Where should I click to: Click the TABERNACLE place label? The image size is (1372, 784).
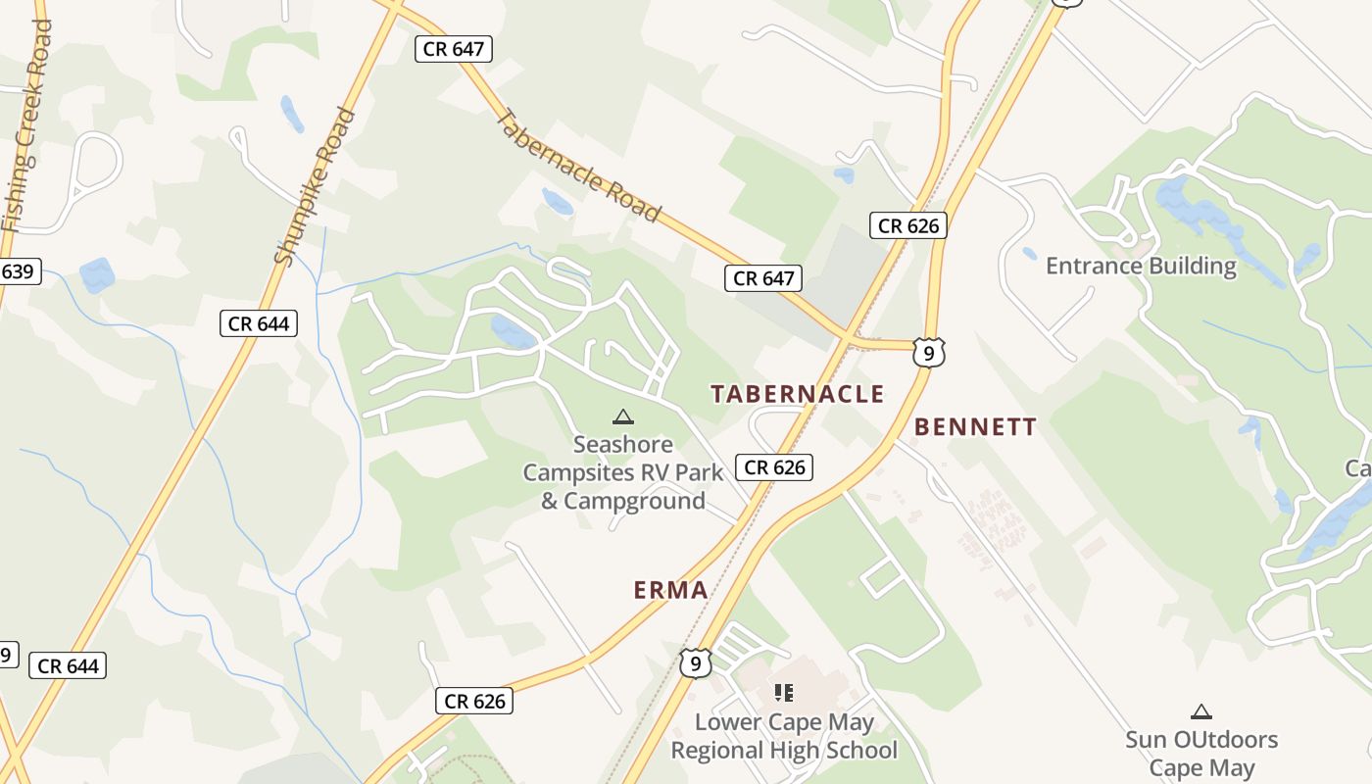[798, 394]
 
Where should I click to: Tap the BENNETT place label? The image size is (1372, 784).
[975, 427]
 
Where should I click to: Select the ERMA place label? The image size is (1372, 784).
[670, 590]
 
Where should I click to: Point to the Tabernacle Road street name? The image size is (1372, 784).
[578, 165]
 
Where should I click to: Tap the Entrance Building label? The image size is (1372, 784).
[1141, 266]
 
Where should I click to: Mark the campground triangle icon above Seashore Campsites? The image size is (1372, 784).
[622, 417]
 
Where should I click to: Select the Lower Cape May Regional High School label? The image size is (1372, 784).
[783, 736]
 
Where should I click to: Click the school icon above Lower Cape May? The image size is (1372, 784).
[783, 693]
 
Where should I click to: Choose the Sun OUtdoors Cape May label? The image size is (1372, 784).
[1201, 753]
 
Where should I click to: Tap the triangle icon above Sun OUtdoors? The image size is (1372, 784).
[1200, 711]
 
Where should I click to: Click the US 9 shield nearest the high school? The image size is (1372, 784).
[695, 663]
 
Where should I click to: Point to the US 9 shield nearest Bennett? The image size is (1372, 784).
[928, 353]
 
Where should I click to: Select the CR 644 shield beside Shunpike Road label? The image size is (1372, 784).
[259, 323]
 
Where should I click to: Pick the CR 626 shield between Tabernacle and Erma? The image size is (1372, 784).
[774, 467]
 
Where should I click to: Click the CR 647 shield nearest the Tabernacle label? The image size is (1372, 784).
[763, 278]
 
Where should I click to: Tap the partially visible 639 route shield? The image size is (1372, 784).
[18, 271]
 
